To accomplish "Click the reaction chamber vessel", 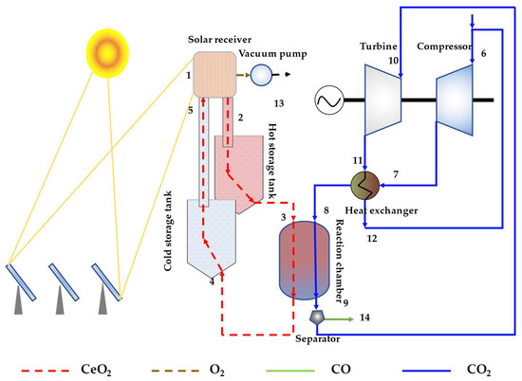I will [x=307, y=260].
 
